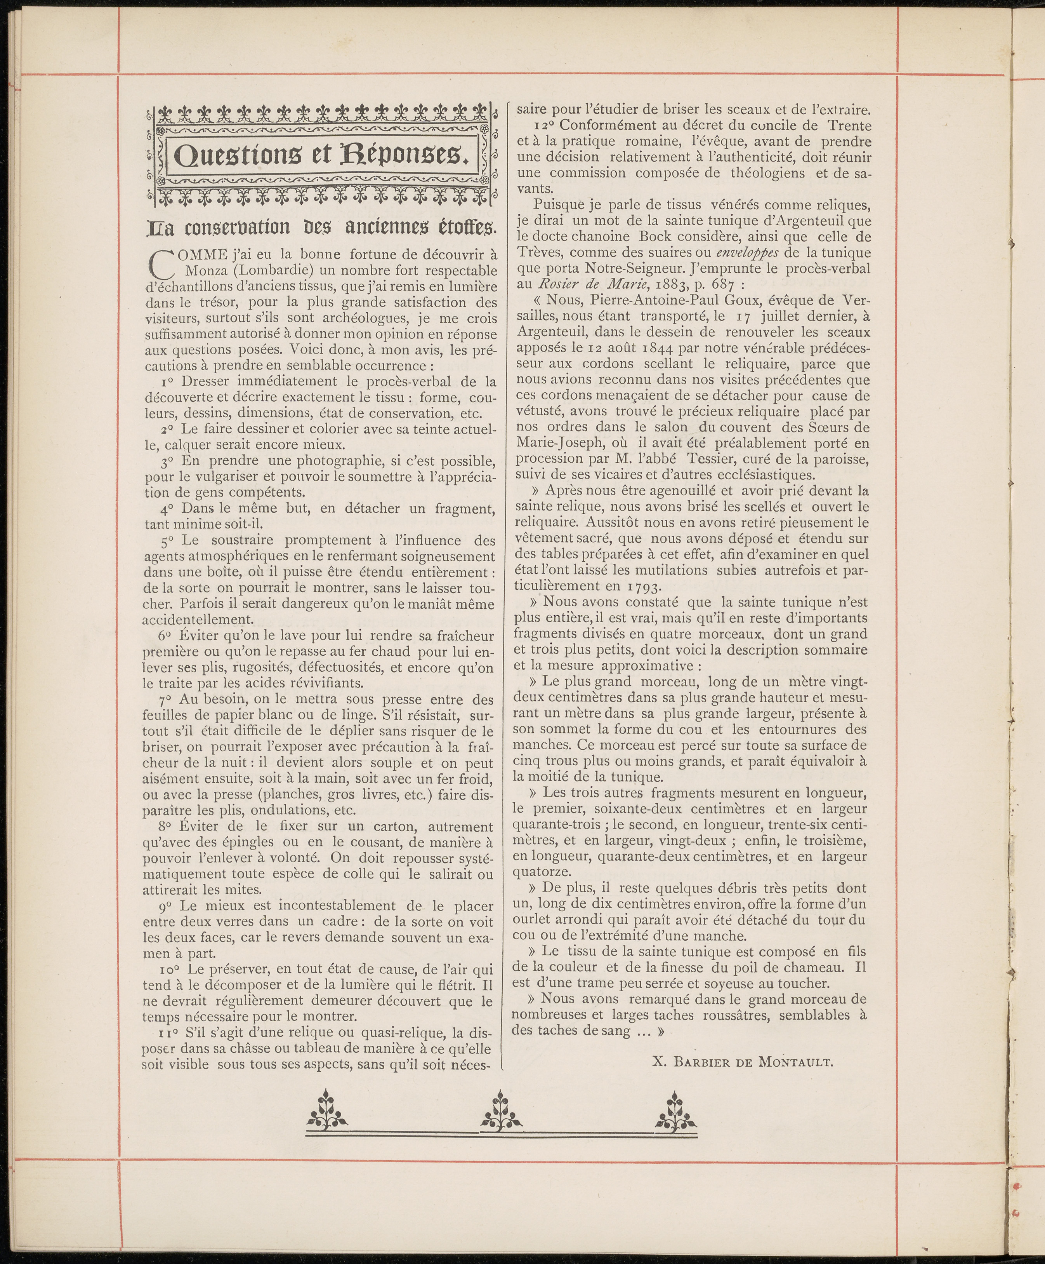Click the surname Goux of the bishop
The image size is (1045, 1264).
[759, 300]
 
